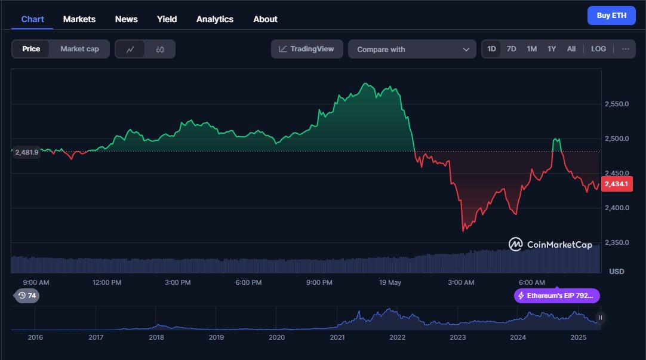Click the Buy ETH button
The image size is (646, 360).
pos(611,16)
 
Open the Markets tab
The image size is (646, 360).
pos(79,19)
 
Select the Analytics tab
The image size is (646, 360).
pos(215,19)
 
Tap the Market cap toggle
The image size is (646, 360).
pos(79,49)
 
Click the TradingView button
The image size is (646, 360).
pos(307,49)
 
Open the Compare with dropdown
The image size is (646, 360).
pos(412,50)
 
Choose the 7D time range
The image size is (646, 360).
pos(511,49)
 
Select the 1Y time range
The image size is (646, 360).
pos(552,49)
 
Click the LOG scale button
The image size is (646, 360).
pos(598,49)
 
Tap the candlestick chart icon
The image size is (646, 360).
pos(159,50)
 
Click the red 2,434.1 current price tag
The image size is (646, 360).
pos(616,184)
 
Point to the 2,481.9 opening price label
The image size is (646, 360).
pos(26,152)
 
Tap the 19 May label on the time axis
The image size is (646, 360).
pos(390,282)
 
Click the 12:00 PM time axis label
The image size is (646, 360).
pos(107,282)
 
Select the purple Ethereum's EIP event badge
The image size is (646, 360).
pos(556,296)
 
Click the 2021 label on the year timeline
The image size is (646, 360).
pos(337,337)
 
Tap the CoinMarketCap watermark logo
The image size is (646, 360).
pos(550,244)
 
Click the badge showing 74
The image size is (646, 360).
pos(27,296)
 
